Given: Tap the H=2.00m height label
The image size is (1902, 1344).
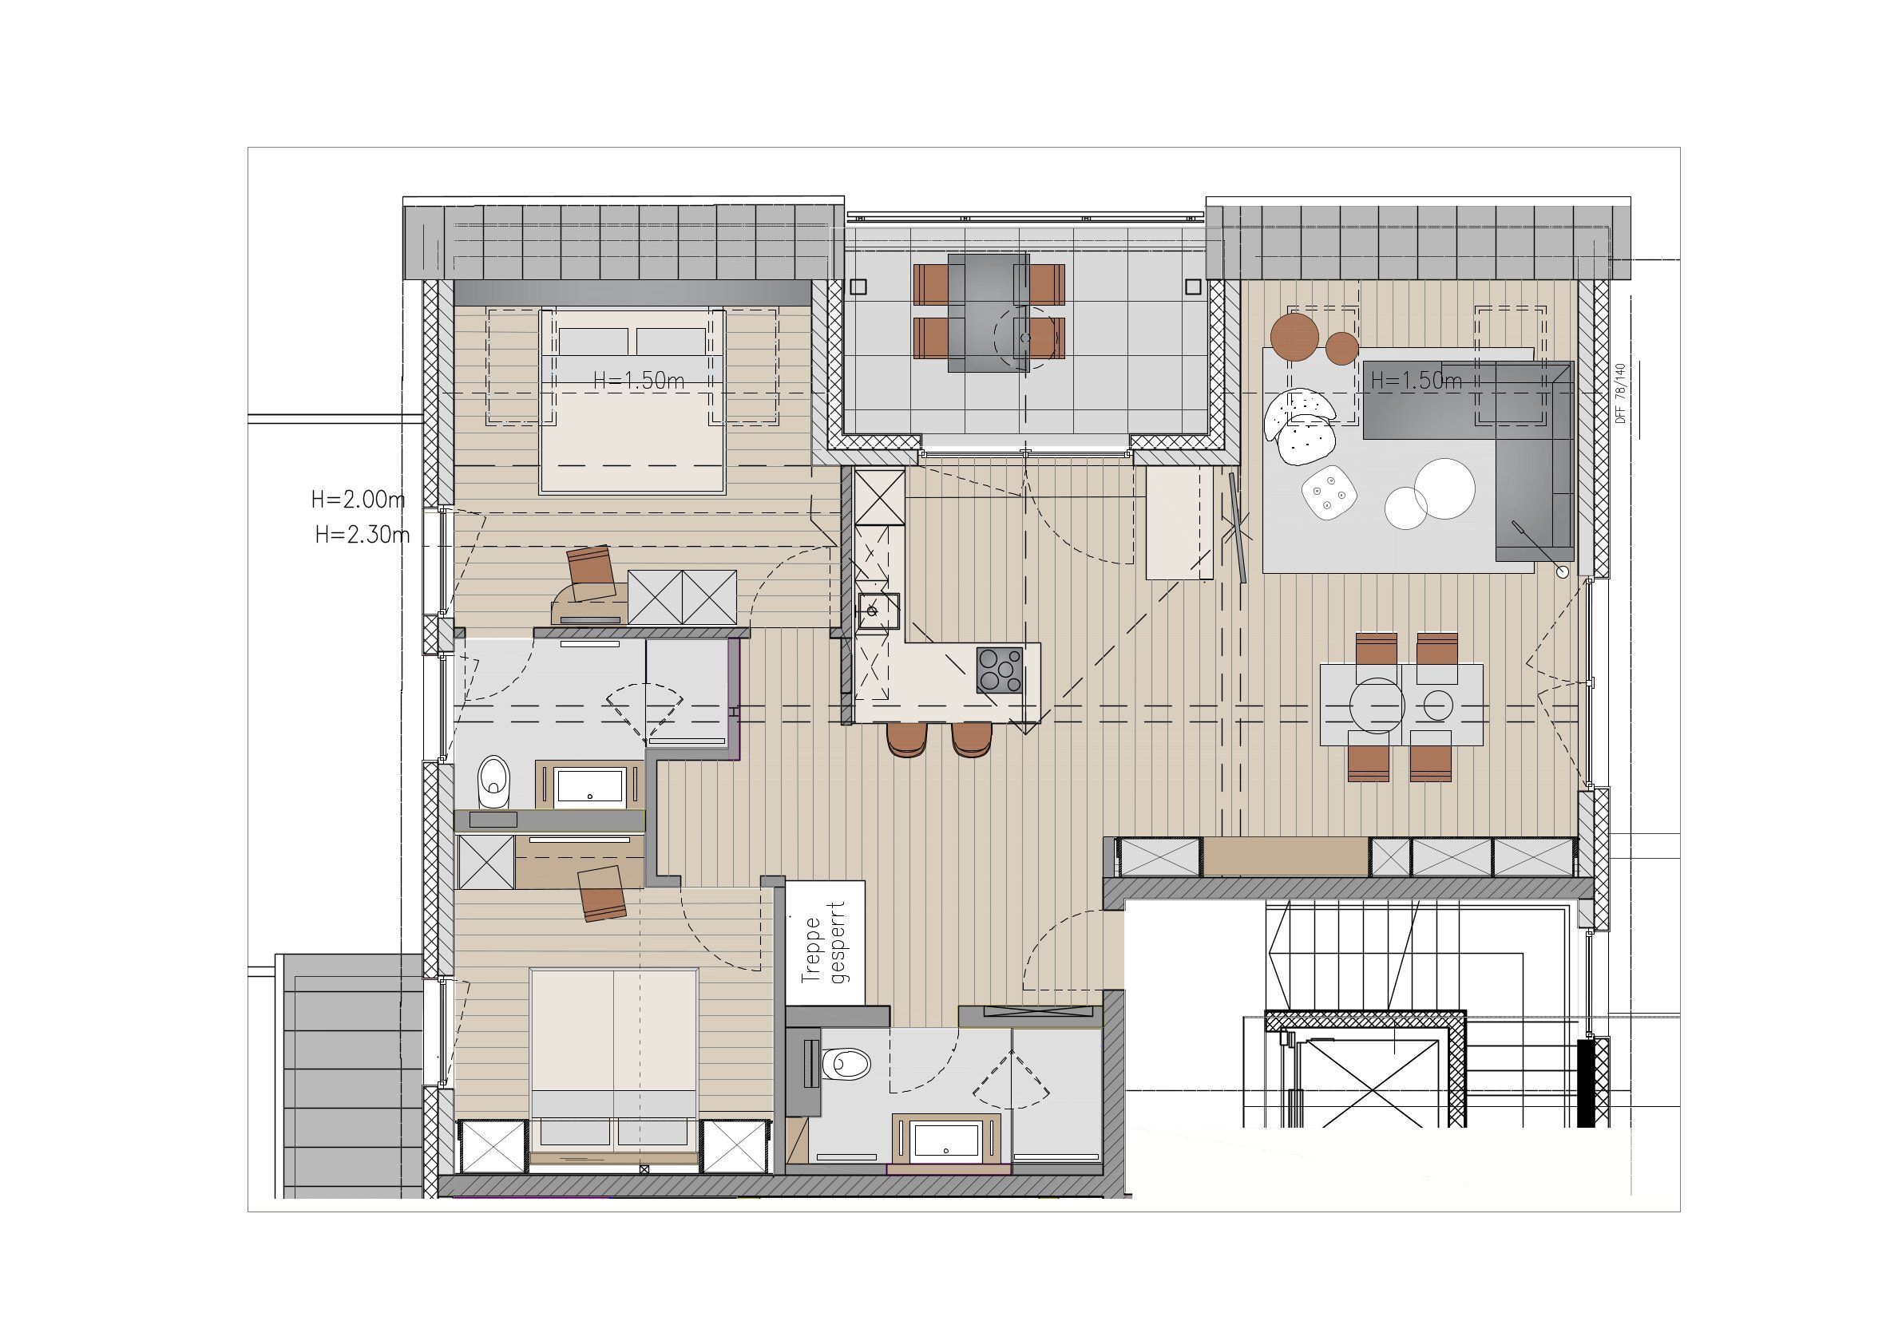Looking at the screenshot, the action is (358, 500).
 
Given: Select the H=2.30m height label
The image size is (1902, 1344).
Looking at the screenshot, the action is (362, 535).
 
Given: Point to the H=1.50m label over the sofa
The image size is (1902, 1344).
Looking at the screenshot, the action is (1417, 381).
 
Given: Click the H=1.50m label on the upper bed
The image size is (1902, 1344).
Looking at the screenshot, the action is (639, 380).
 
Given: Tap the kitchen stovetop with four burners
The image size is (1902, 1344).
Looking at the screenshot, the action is (999, 670).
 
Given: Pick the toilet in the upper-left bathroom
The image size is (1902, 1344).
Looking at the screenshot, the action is (495, 781).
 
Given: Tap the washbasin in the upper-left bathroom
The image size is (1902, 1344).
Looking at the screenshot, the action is (590, 786).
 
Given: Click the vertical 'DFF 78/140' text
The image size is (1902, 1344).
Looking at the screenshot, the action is (1620, 393).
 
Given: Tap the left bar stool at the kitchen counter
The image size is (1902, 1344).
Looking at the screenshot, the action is (907, 739).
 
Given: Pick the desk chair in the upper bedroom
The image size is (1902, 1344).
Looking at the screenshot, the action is (590, 571).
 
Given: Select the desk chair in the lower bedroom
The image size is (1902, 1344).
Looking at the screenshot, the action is (601, 893).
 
